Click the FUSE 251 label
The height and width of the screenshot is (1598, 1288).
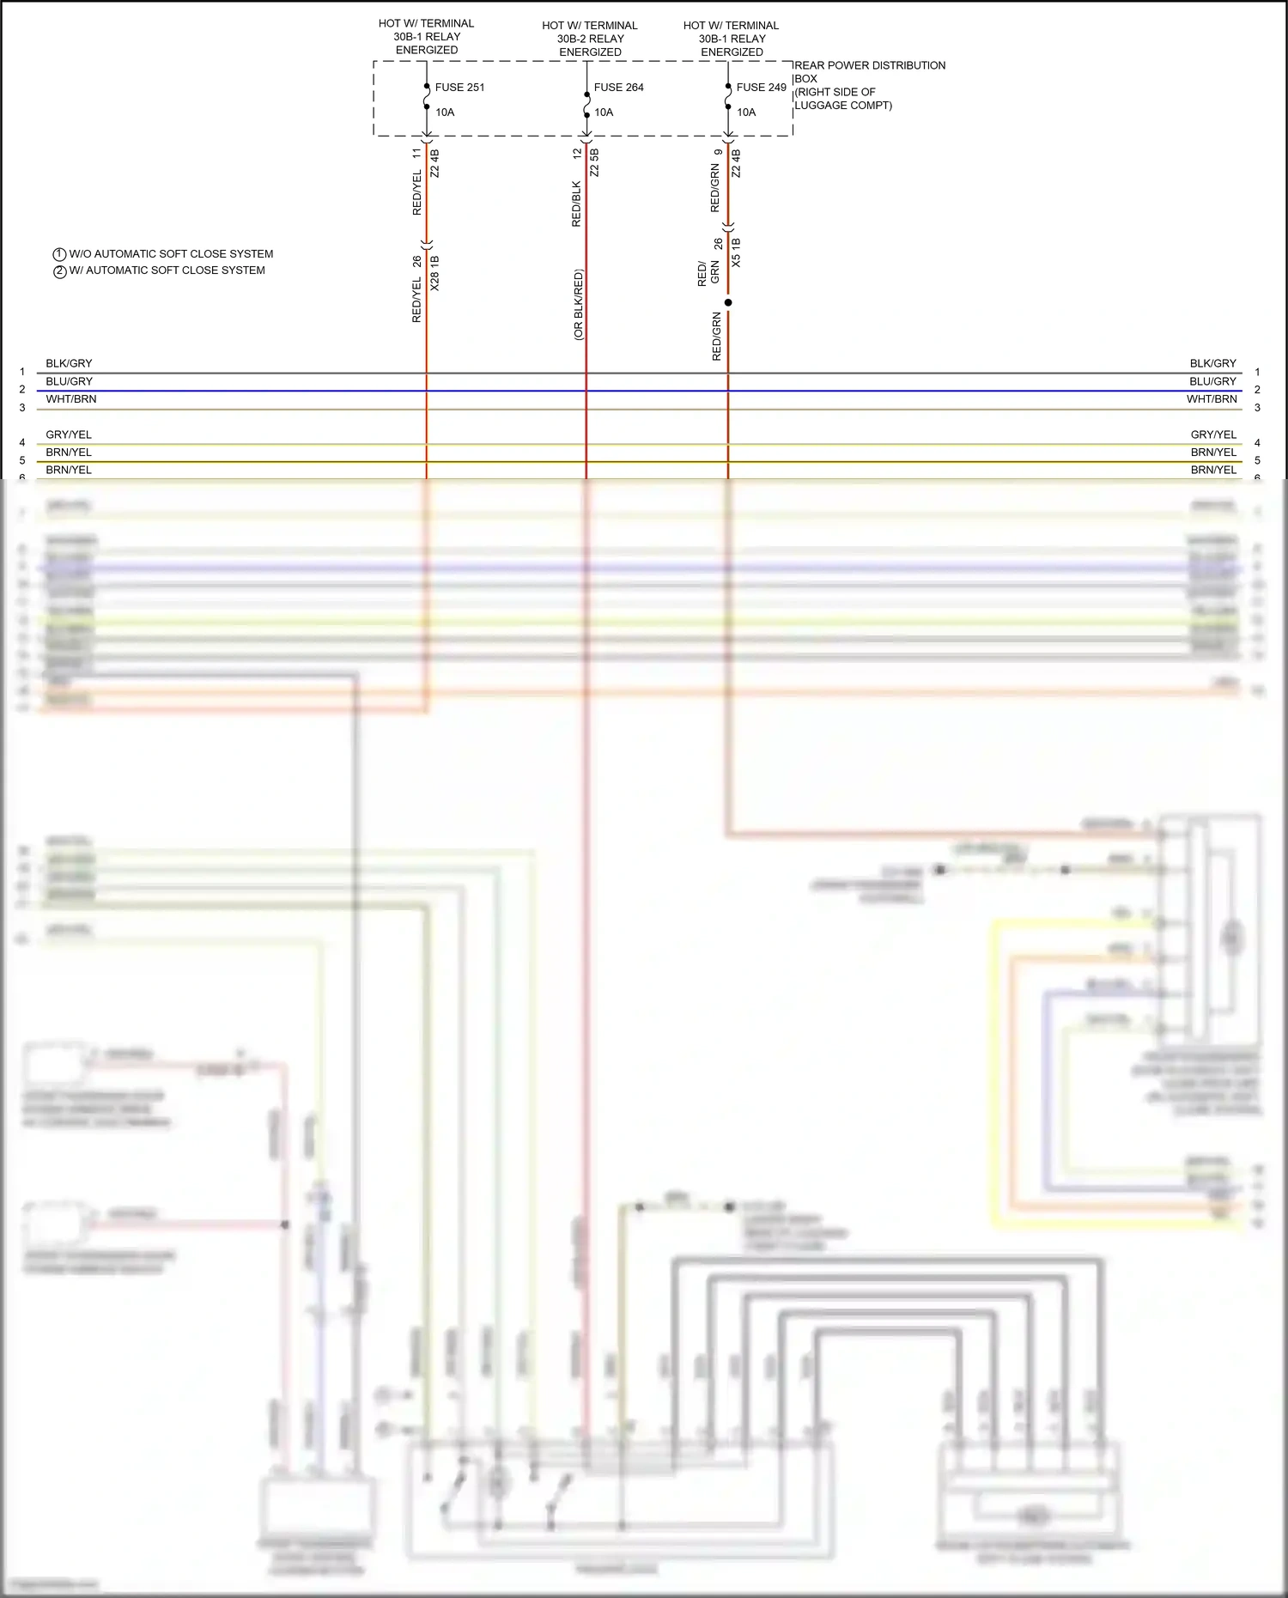(x=459, y=88)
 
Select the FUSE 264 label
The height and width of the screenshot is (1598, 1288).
(x=618, y=88)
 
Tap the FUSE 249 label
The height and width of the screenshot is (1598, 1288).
(x=761, y=88)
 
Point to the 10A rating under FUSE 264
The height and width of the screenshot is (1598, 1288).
(x=604, y=112)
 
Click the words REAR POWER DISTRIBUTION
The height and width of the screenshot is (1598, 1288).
(x=869, y=65)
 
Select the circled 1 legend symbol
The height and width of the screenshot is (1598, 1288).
(x=60, y=255)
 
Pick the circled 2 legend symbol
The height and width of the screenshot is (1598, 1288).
(x=60, y=271)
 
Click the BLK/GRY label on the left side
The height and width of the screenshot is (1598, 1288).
(x=69, y=363)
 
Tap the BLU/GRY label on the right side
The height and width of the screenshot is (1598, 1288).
(x=1212, y=381)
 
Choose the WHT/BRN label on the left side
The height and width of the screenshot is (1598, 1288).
(x=71, y=399)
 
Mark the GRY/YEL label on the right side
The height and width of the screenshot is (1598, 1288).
(x=1213, y=434)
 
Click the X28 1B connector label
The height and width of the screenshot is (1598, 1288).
(x=434, y=273)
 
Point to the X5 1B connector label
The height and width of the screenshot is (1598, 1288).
(x=736, y=252)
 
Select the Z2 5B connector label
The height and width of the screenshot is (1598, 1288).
(x=594, y=162)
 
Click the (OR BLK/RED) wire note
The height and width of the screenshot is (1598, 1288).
(x=578, y=305)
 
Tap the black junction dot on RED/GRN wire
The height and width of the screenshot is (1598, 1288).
(x=728, y=302)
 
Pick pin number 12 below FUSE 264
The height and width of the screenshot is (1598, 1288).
(x=577, y=154)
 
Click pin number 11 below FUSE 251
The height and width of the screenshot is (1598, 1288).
(x=417, y=154)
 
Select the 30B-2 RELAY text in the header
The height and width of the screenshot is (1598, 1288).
(x=590, y=39)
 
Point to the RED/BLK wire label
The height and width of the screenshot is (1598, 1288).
(x=576, y=204)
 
